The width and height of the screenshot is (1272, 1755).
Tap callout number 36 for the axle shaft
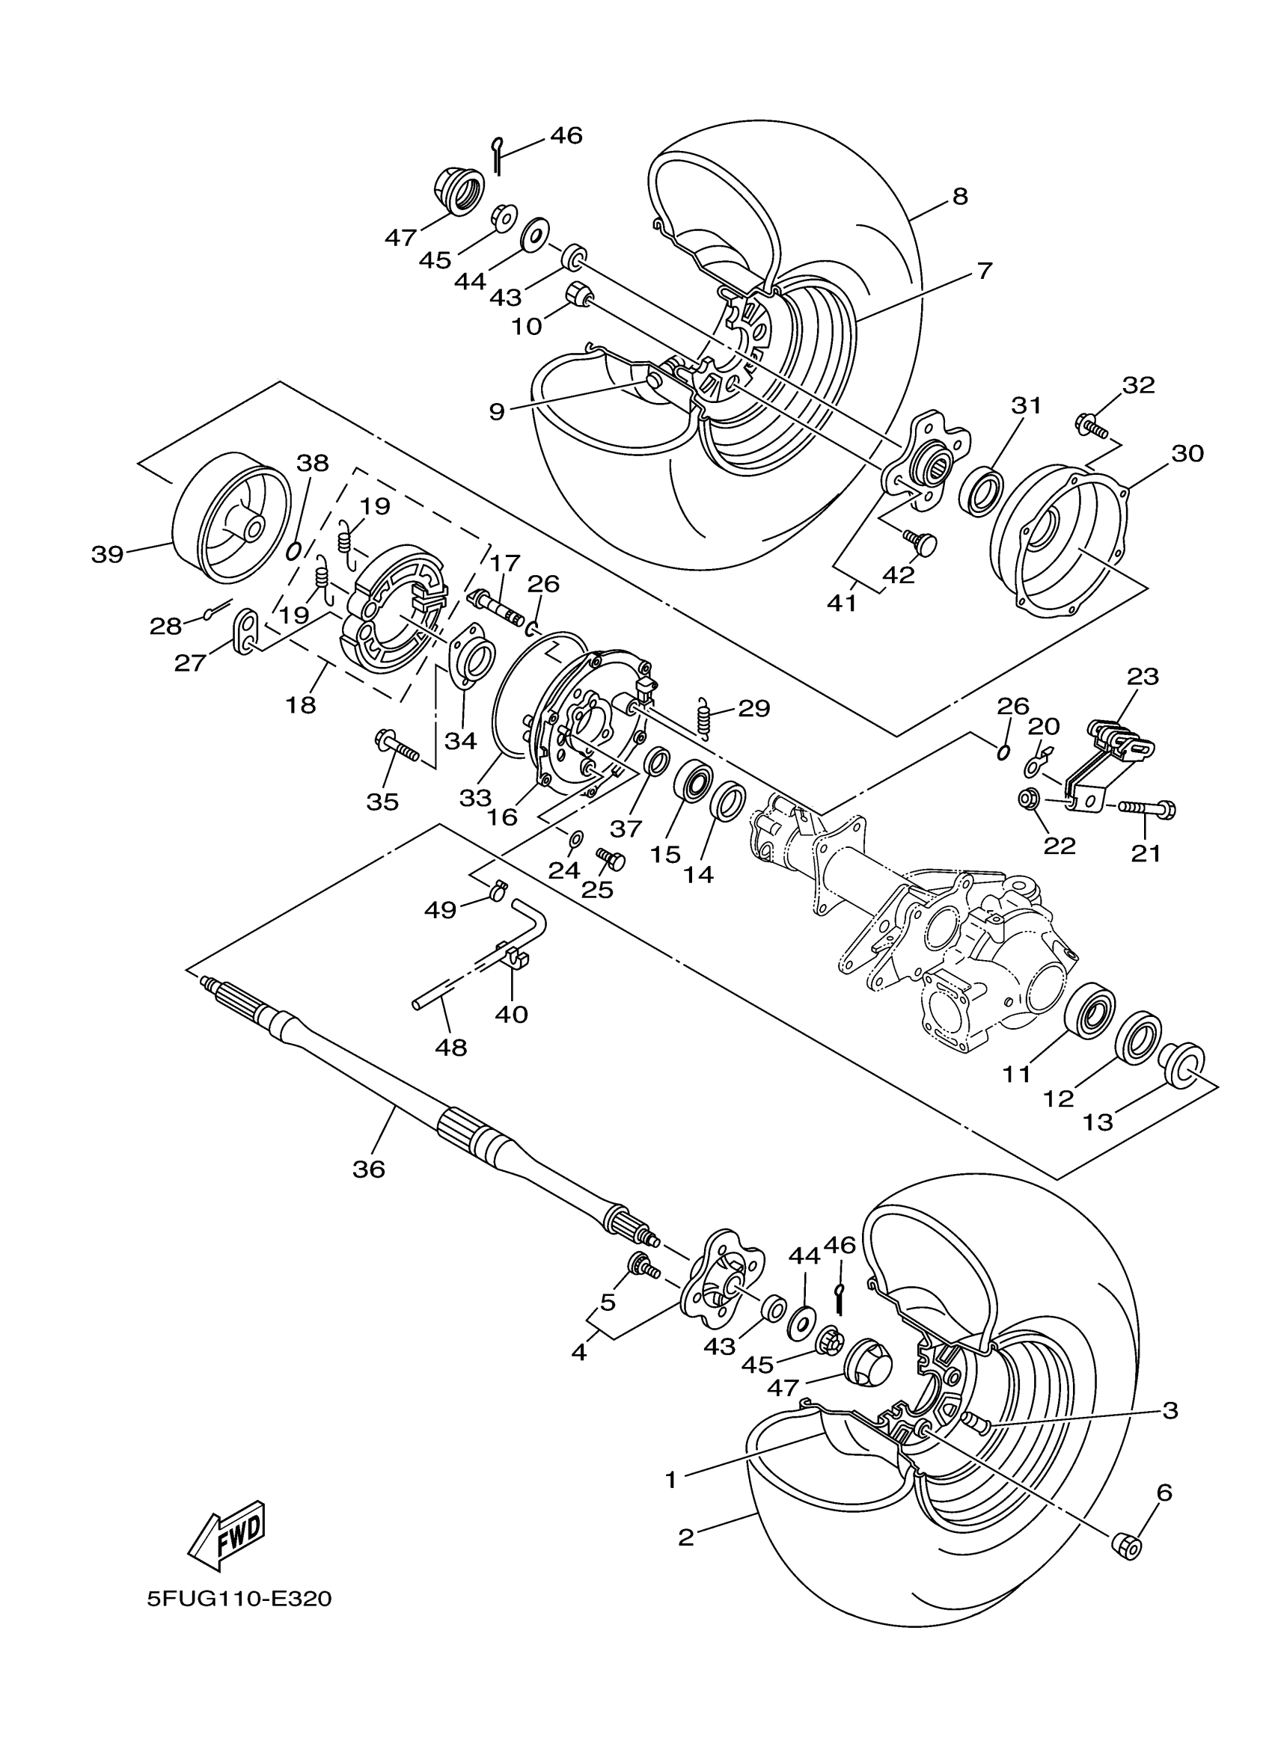pyautogui.click(x=369, y=1169)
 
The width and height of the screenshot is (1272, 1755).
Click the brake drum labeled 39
pyautogui.click(x=229, y=517)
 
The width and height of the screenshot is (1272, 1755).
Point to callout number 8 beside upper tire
pyautogui.click(x=959, y=197)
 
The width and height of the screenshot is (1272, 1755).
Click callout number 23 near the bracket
pyautogui.click(x=1143, y=676)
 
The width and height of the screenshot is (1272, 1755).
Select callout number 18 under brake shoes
pyautogui.click(x=301, y=705)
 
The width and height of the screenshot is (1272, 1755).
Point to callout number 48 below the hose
pyautogui.click(x=451, y=1048)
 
